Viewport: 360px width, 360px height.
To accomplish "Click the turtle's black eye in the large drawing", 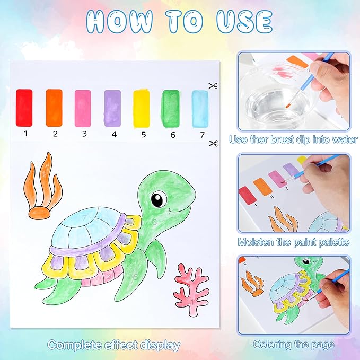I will click(158, 200).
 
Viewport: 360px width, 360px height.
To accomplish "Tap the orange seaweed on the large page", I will click(42, 186).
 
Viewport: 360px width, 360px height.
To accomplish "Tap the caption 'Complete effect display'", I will click(113, 345).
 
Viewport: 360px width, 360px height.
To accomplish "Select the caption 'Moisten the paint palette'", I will click(293, 242).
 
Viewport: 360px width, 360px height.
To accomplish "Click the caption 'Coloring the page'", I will click(293, 344).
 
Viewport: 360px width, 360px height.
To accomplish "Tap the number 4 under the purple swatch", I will click(113, 134).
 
